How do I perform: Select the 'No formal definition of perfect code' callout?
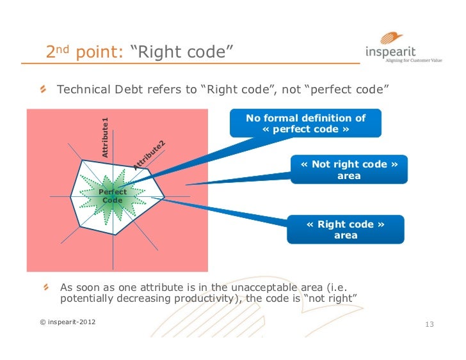(x=306, y=123)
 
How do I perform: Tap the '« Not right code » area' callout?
(x=348, y=169)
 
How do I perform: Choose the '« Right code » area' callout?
(x=346, y=230)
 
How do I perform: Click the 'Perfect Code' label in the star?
(x=113, y=196)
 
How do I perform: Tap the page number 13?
(x=430, y=325)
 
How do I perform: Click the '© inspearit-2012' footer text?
(x=68, y=321)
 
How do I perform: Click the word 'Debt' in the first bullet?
(x=130, y=90)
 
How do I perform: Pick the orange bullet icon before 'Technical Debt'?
(x=43, y=90)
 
